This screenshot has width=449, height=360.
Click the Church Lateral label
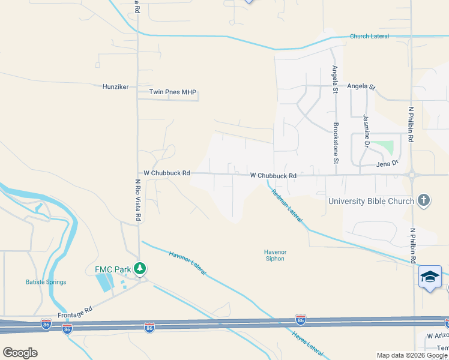(x=369, y=37)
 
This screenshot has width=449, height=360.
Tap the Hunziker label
(x=115, y=87)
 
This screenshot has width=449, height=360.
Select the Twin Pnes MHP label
(x=173, y=93)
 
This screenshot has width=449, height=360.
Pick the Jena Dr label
(x=387, y=163)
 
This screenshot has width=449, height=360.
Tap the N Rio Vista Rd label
(x=137, y=199)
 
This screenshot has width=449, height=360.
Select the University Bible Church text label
(x=371, y=201)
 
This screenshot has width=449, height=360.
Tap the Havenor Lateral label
(x=188, y=262)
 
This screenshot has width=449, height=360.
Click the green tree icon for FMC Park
(x=140, y=268)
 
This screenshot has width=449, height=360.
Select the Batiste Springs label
(x=46, y=282)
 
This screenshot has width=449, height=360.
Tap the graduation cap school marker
(x=430, y=277)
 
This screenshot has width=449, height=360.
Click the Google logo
(x=20, y=353)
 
